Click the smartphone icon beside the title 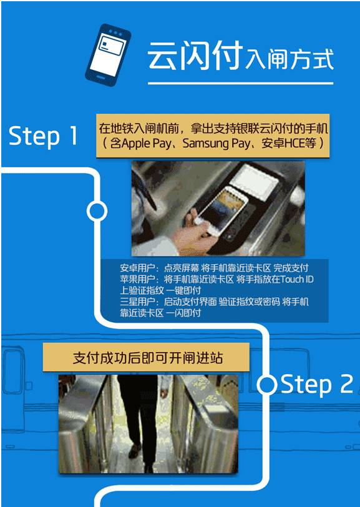pos(108,55)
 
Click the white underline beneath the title pos(240,84)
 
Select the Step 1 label pos(43,135)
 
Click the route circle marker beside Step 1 pos(97,211)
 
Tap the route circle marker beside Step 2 pos(267,385)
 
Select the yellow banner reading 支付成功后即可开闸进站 pos(146,357)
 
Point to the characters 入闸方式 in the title pos(289,59)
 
